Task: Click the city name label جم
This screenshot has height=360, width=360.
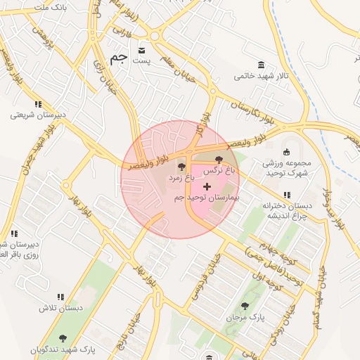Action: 119,58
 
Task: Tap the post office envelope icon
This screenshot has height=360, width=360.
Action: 143,51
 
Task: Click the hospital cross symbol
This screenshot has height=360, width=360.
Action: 207,186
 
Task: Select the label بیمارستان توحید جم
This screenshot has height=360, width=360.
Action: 207,198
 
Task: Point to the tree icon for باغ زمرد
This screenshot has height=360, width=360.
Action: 182,167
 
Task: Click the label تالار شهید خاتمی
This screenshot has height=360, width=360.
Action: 262,75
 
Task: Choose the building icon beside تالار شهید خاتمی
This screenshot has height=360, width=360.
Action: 262,64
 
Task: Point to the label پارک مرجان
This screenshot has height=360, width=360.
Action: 245,318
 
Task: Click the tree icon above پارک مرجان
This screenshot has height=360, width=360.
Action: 245,306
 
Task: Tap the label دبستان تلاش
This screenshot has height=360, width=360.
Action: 61,308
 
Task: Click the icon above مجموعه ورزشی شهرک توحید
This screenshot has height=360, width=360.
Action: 286,152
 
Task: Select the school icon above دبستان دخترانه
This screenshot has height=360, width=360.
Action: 286,195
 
